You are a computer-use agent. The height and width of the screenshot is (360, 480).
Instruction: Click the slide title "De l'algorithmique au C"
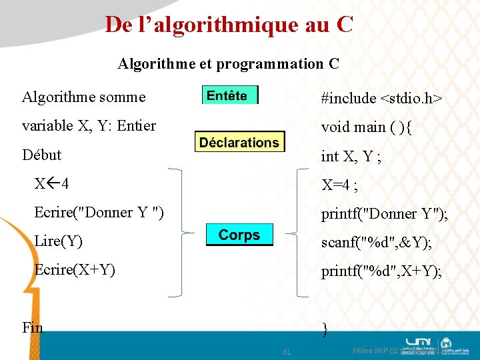tap(229, 25)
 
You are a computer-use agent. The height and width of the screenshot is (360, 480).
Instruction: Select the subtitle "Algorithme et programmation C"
tap(228, 64)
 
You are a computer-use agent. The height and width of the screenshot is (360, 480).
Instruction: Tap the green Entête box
tap(229, 95)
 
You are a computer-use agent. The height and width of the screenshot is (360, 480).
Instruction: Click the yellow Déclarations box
tap(239, 142)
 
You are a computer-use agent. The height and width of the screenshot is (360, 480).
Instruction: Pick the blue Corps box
tap(239, 235)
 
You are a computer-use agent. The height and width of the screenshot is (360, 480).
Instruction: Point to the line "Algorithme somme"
tap(83, 97)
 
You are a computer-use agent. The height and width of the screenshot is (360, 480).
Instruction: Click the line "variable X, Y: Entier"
tap(89, 126)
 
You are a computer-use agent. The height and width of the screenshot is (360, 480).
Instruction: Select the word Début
tap(41, 155)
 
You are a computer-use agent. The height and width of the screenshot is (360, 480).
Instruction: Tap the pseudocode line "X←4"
tap(52, 183)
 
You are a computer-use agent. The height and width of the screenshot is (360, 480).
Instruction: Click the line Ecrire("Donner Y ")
tap(99, 213)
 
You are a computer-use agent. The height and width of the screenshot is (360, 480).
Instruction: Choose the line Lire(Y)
tap(58, 241)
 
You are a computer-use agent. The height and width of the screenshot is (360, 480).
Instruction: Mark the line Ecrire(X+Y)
tap(75, 270)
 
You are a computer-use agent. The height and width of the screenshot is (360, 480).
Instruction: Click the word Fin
tap(32, 327)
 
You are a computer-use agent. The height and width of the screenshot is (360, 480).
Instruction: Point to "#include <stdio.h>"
tap(381, 99)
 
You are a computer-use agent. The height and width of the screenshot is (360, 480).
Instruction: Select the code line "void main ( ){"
tap(366, 127)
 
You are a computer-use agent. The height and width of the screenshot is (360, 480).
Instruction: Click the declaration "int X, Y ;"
tap(352, 157)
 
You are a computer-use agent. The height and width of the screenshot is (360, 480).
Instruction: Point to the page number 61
tap(286, 351)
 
